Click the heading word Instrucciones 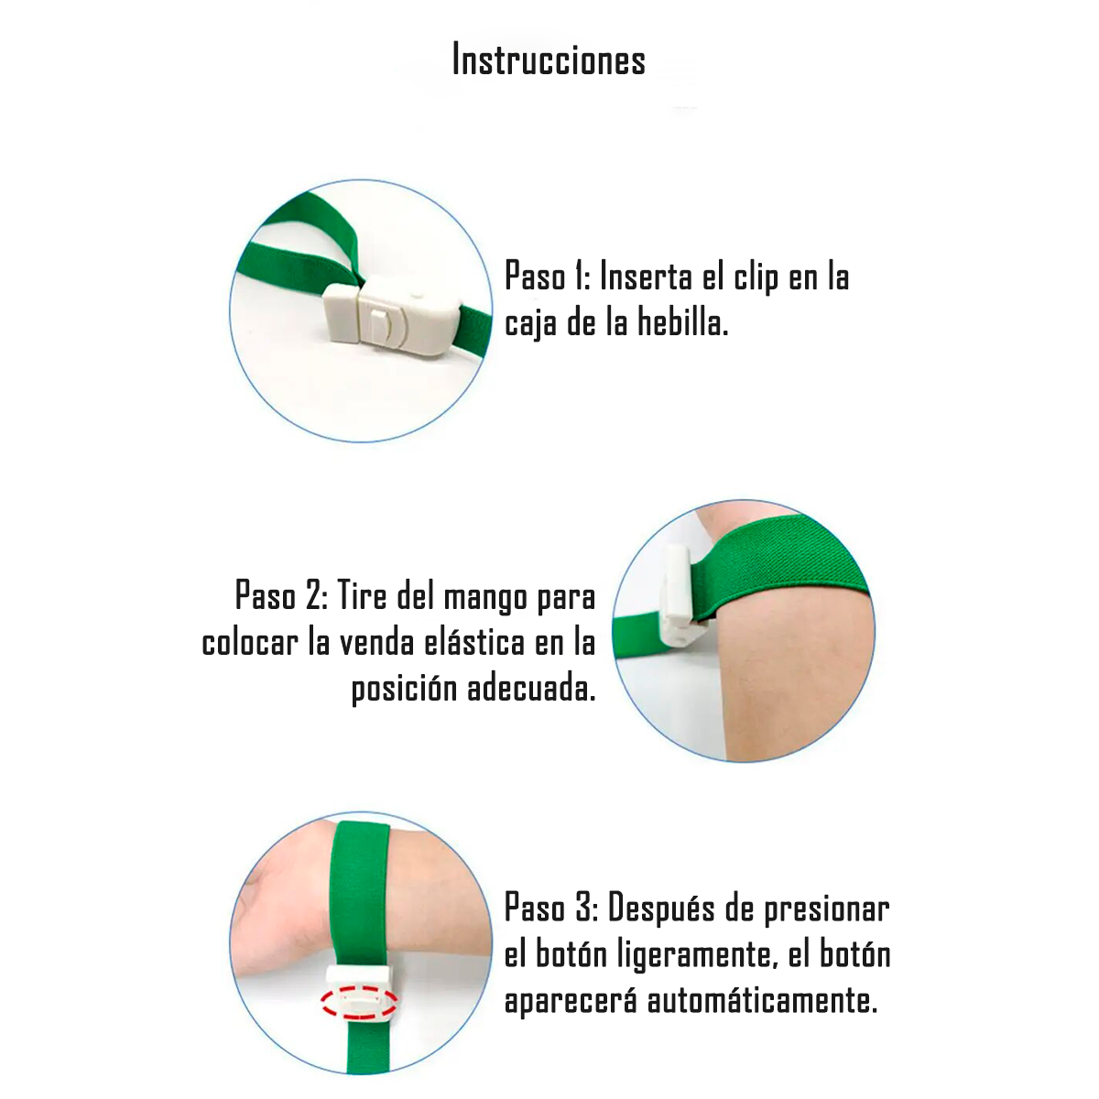coord(549,60)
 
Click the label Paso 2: coord(282,595)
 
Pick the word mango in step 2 coord(485,598)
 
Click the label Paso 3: coord(551,908)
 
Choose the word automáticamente coord(763,1000)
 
